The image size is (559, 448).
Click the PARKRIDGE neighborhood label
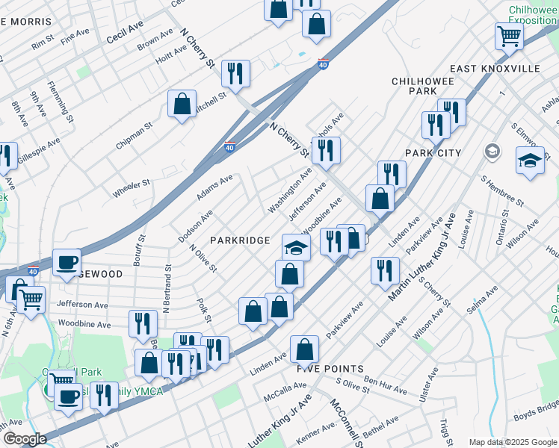[239, 240]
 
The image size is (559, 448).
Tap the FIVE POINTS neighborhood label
[330, 369]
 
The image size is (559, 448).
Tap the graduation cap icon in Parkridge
[296, 247]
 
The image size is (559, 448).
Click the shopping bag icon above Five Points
[304, 349]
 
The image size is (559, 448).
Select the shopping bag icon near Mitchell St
[182, 104]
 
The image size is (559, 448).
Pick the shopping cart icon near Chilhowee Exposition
[508, 34]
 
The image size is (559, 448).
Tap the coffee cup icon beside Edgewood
[67, 262]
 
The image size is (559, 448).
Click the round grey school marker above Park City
[492, 152]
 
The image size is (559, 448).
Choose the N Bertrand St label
[167, 287]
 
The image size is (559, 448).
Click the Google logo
[25, 439]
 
